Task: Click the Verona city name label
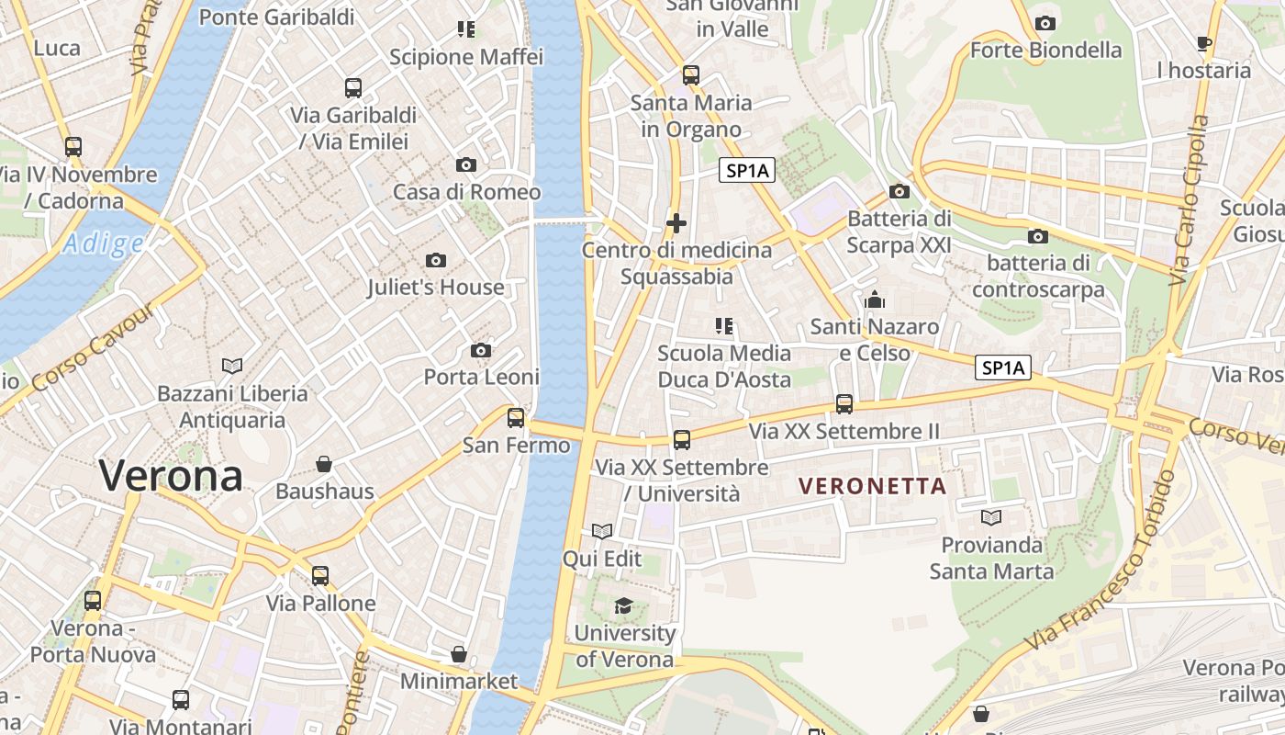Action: click(171, 476)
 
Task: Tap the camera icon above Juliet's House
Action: click(436, 261)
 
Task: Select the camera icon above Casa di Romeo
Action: click(466, 165)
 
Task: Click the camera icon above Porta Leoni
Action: click(480, 350)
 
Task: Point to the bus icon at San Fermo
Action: click(516, 418)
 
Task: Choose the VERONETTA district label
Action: click(872, 486)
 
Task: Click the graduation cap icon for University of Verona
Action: click(624, 605)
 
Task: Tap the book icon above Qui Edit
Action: click(602, 531)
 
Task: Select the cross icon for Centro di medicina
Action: click(676, 223)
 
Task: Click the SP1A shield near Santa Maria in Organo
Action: click(748, 170)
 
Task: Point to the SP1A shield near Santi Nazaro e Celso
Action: click(1002, 368)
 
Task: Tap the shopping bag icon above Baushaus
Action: click(324, 463)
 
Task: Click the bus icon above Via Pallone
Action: click(320, 576)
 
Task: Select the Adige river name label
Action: click(104, 243)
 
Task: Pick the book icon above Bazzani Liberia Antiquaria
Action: click(232, 367)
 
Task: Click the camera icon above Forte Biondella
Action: click(1045, 23)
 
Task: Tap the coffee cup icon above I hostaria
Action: click(1204, 43)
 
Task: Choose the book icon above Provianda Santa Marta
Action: click(991, 517)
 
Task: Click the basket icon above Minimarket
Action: click(459, 654)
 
